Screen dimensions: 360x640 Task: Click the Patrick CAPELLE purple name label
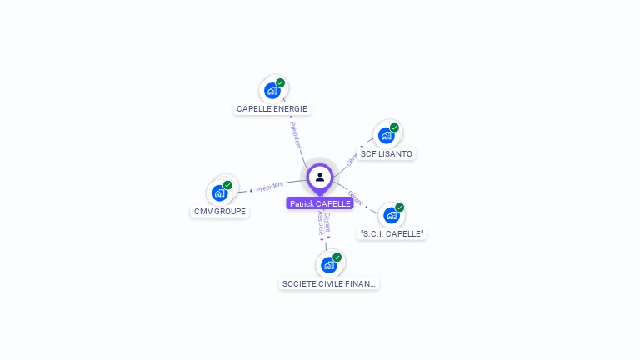pos(320,203)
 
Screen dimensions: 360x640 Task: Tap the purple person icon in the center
pos(320,177)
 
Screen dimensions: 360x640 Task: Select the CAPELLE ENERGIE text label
pos(272,108)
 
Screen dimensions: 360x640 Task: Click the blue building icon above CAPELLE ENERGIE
pos(272,91)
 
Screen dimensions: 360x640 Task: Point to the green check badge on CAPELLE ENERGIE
pos(281,82)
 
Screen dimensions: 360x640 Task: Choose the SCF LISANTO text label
pos(387,153)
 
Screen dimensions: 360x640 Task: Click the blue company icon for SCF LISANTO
pos(385,136)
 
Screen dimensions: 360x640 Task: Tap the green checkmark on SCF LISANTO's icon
pos(394,127)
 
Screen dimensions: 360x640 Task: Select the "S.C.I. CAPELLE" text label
pos(392,233)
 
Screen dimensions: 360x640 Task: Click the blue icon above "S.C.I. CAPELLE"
pos(391,215)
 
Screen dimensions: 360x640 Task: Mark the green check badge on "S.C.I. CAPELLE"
pos(400,207)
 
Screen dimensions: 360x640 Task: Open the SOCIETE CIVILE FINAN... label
pos(329,283)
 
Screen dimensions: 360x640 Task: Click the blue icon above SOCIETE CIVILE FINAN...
pos(328,265)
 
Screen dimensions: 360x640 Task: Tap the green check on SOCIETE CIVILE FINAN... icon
pos(337,257)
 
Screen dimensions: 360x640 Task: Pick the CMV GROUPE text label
pos(220,211)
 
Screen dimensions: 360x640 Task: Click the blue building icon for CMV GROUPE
pos(219,193)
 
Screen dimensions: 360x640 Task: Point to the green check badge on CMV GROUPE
pos(228,185)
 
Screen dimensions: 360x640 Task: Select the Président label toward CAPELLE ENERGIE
pos(296,134)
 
